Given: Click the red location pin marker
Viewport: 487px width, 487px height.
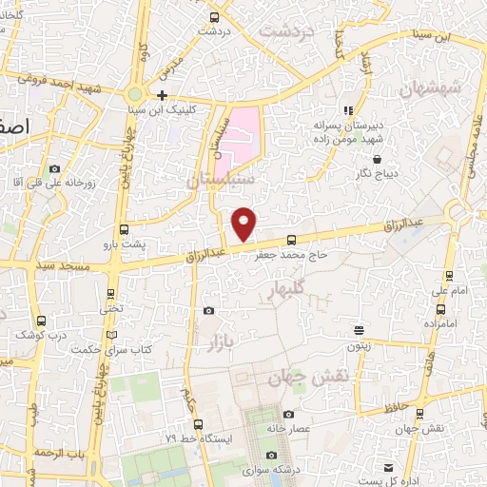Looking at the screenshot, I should click(244, 223).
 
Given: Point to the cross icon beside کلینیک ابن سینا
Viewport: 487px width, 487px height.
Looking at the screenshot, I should click(163, 95).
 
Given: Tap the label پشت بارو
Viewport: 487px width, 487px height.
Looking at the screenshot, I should click(125, 243).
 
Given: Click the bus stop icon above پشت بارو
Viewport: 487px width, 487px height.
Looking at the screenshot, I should click(124, 229).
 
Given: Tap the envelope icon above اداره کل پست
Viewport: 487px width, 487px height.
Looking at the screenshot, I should click(389, 467).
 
